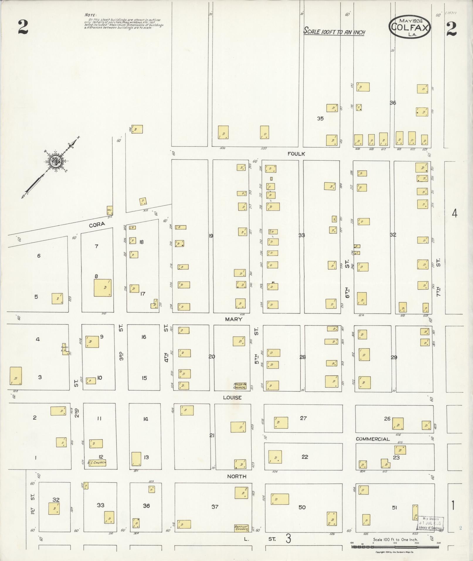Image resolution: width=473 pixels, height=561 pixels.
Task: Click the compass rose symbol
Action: tap(55, 161)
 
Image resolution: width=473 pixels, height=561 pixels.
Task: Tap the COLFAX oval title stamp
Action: tap(410, 27)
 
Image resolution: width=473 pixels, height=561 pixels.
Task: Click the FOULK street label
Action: tap(296, 154)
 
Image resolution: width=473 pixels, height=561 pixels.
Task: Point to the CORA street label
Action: tap(97, 224)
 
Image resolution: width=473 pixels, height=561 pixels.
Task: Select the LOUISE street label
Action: tap(232, 398)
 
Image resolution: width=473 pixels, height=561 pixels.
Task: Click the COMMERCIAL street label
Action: tap(372, 439)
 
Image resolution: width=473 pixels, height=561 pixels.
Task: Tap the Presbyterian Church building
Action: tap(240, 386)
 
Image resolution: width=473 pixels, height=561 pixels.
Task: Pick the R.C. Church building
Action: tap(97, 463)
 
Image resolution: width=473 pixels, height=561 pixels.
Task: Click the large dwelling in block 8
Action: tap(103, 288)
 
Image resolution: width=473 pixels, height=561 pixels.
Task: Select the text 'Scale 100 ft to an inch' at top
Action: tap(334, 31)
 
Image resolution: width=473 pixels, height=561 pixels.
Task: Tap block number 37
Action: tap(215, 507)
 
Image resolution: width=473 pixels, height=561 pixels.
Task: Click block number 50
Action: tap(302, 507)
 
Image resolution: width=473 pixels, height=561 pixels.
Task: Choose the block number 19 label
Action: tap(211, 235)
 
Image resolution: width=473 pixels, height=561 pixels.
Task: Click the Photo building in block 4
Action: tap(65, 349)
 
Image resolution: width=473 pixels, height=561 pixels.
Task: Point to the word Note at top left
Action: tap(90, 15)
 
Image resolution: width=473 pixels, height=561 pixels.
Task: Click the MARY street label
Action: tap(233, 319)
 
